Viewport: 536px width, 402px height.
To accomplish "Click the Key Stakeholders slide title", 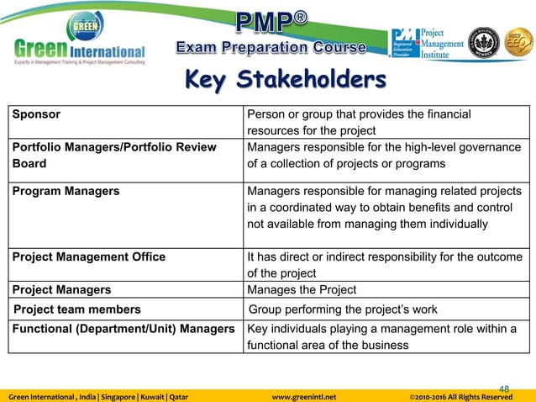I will (x=285, y=81).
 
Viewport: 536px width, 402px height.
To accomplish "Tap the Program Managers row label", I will (x=66, y=191).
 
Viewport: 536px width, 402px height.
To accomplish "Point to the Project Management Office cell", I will (x=88, y=257).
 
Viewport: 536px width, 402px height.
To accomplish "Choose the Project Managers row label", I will (x=61, y=290).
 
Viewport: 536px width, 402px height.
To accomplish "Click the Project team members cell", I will (x=76, y=309).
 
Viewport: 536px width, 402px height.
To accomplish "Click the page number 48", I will (x=504, y=388).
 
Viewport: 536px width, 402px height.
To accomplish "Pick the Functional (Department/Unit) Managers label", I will (x=123, y=328).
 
